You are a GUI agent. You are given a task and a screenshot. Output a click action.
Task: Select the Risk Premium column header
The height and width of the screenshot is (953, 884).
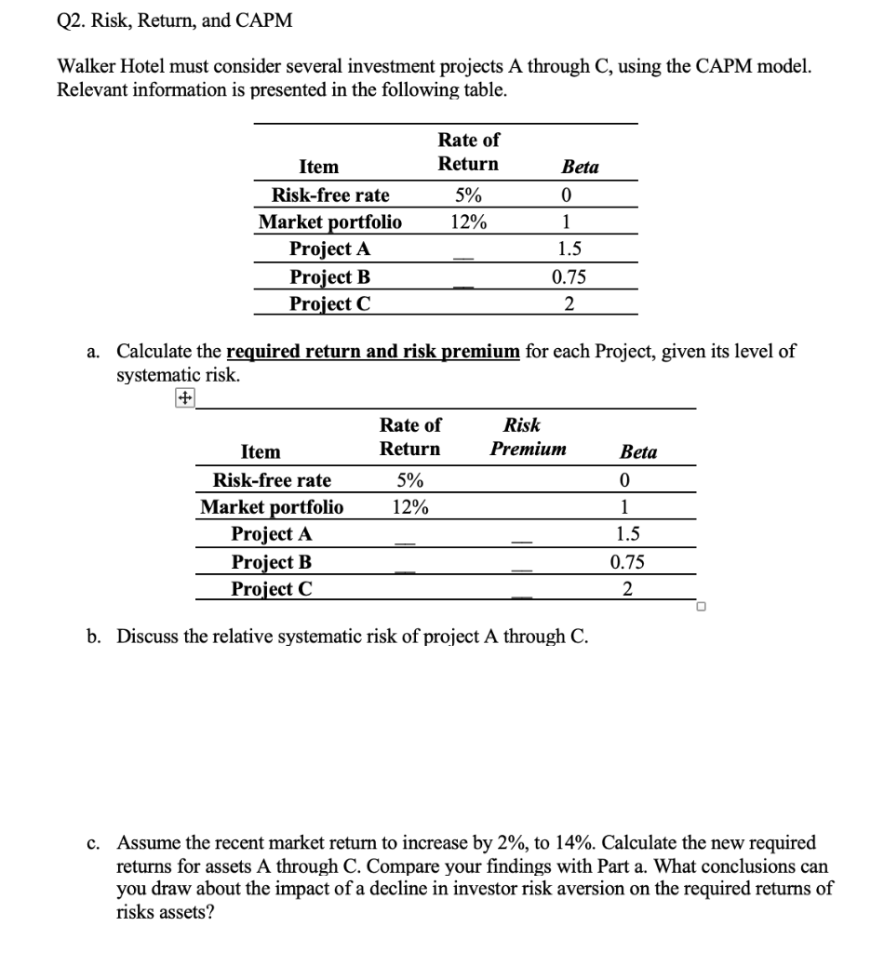[x=528, y=436]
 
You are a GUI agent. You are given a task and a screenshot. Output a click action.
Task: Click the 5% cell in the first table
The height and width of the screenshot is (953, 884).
[x=468, y=195]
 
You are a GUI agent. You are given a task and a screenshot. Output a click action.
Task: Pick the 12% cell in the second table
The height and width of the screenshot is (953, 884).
[x=410, y=507]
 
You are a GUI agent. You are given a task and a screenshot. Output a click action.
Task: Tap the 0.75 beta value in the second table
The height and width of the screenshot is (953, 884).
[x=626, y=562]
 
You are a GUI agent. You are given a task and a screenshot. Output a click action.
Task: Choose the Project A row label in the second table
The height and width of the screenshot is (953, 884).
[x=271, y=534]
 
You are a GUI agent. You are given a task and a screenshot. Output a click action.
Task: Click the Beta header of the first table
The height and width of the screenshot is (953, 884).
[x=581, y=167]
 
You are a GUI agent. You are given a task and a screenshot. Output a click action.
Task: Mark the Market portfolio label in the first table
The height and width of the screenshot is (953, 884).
[x=330, y=221]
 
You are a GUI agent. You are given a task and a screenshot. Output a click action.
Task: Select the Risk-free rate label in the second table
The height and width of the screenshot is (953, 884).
[x=272, y=480]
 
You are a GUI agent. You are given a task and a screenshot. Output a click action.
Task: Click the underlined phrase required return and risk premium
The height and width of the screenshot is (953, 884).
[x=373, y=352]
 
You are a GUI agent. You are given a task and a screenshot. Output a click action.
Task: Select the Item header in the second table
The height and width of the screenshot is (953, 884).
[x=261, y=452]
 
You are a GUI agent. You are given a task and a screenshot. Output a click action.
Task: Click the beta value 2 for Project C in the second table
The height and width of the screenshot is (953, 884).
[x=627, y=589]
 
